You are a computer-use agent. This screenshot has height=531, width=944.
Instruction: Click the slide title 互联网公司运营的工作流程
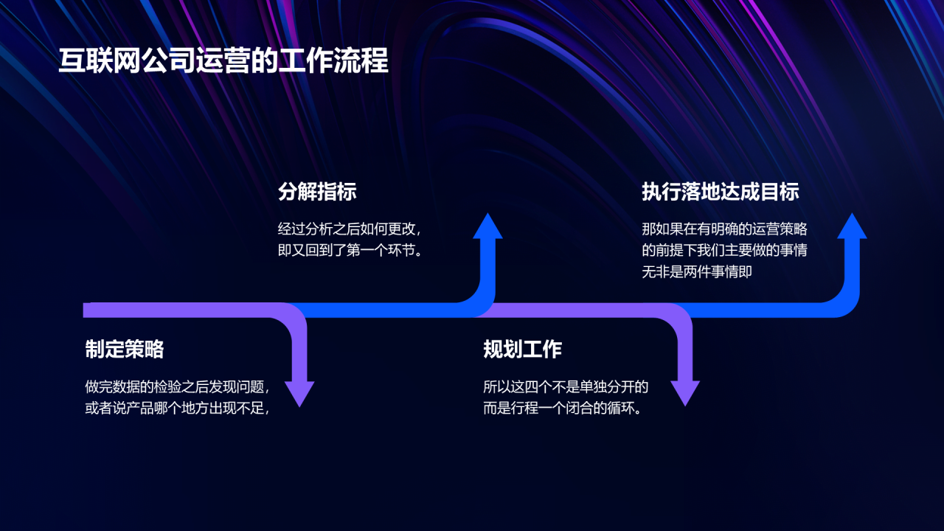[223, 62]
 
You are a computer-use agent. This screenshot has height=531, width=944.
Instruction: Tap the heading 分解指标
[317, 192]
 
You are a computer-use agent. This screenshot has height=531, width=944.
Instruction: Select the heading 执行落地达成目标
[721, 192]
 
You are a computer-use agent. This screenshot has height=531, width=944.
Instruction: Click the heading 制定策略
[124, 350]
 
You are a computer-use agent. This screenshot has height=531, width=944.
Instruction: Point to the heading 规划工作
[522, 350]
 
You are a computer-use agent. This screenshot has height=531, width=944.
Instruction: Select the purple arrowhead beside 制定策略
[299, 392]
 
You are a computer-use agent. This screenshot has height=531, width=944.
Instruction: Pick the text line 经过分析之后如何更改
[350, 229]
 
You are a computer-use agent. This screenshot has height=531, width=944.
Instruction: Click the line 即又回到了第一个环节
[350, 250]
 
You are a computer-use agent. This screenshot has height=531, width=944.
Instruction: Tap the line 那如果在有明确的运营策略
[724, 229]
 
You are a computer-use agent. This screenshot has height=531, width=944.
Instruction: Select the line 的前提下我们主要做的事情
[724, 250]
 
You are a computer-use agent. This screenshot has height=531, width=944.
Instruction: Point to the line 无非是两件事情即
[697, 272]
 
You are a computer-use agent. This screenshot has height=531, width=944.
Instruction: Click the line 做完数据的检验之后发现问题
[177, 386]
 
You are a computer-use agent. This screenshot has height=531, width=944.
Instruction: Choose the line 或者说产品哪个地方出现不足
[177, 408]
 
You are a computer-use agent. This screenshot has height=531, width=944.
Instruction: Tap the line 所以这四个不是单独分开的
[566, 386]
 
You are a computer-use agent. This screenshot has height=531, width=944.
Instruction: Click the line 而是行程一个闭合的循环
[562, 408]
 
